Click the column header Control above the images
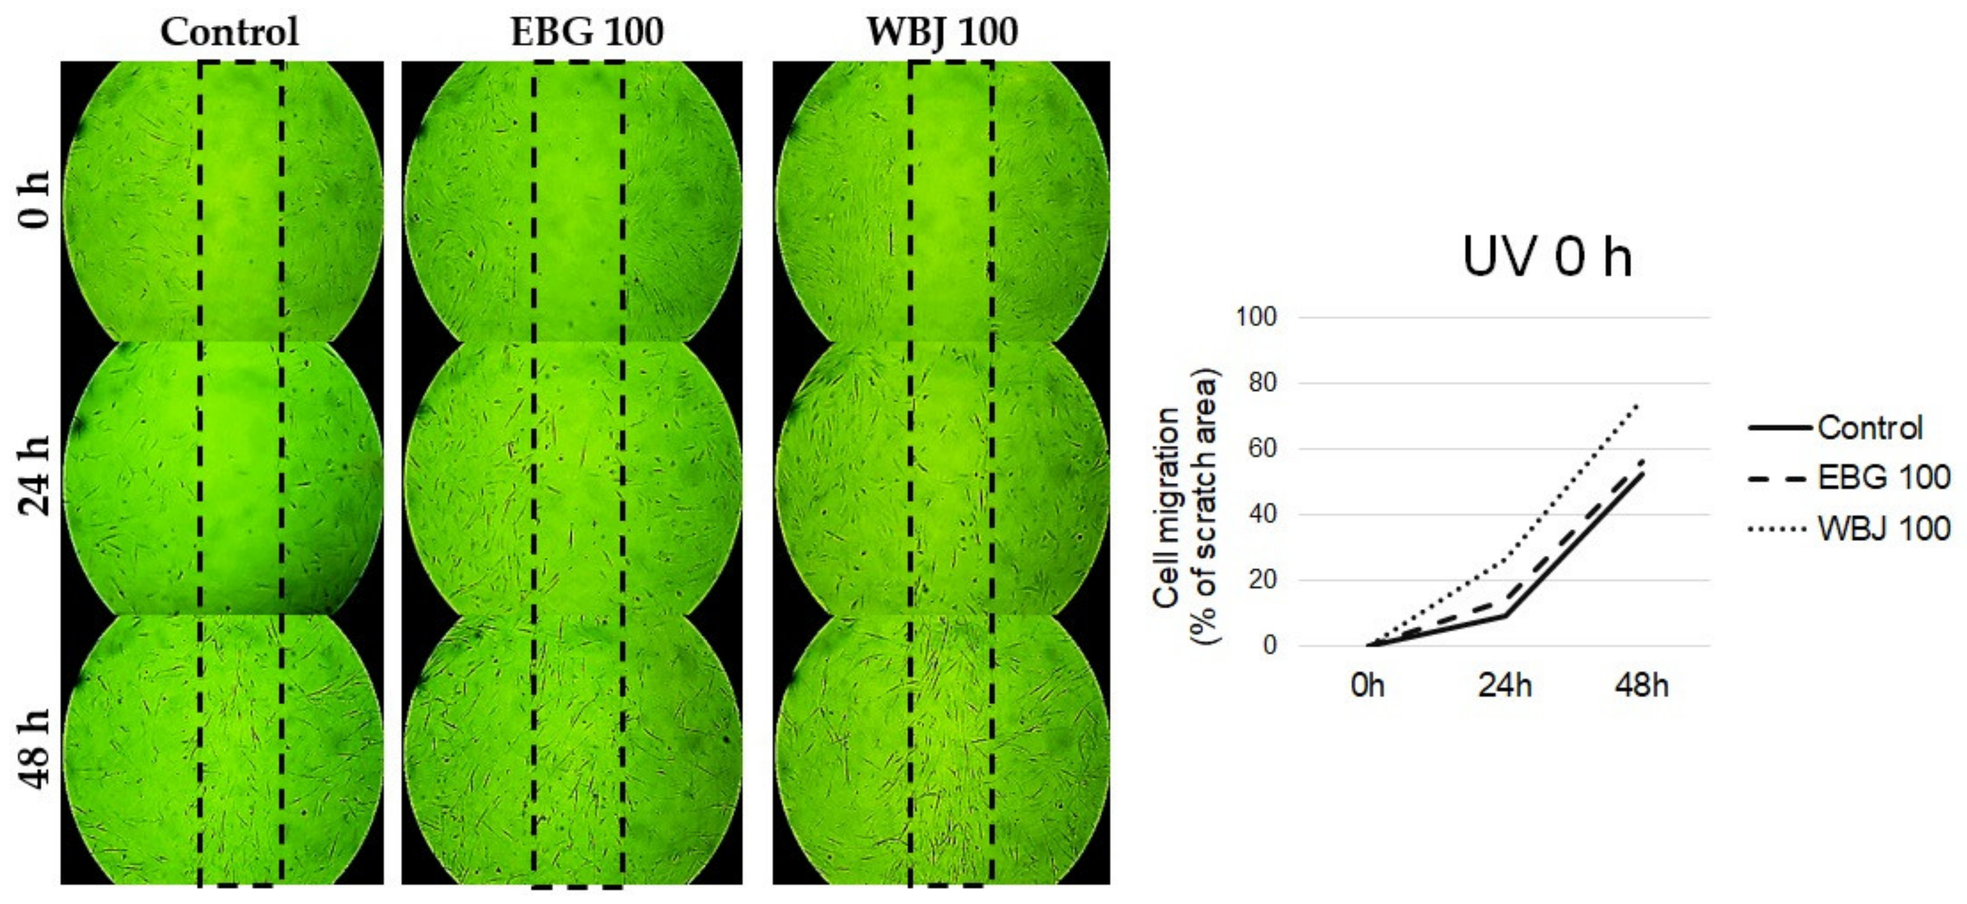pyautogui.click(x=229, y=32)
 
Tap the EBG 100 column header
pyautogui.click(x=586, y=32)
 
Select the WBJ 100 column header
pyautogui.click(x=942, y=32)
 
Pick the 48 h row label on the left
pyautogui.click(x=35, y=748)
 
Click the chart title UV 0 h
pyautogui.click(x=1547, y=257)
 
